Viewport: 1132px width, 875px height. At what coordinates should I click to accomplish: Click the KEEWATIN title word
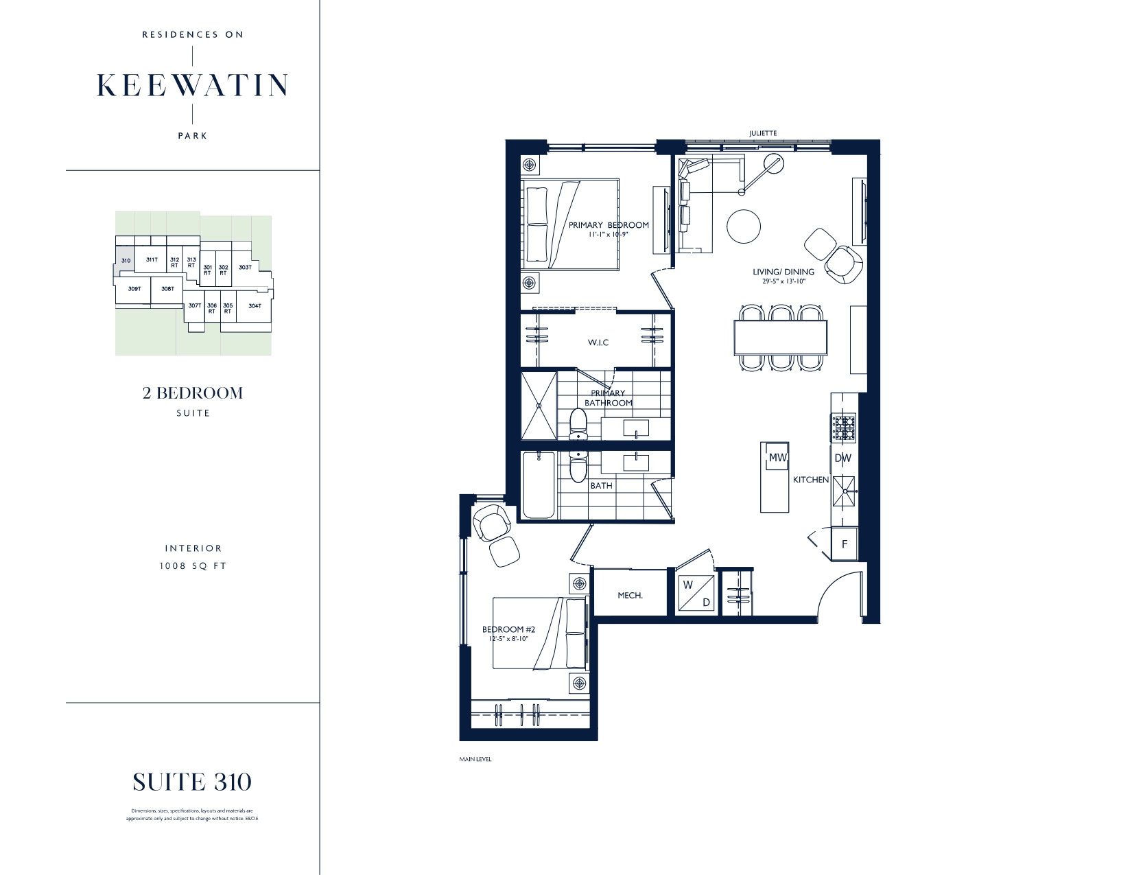pyautogui.click(x=192, y=84)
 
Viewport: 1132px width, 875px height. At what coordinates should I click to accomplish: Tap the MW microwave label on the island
pyautogui.click(x=777, y=458)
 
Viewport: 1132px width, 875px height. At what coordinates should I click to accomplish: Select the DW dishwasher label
pyautogui.click(x=843, y=458)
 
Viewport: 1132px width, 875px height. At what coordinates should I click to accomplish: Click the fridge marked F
pyautogui.click(x=845, y=544)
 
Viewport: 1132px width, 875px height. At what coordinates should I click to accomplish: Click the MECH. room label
pyautogui.click(x=630, y=596)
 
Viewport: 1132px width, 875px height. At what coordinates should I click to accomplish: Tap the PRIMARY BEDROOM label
pyautogui.click(x=609, y=225)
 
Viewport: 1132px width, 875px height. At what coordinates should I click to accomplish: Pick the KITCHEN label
pyautogui.click(x=811, y=480)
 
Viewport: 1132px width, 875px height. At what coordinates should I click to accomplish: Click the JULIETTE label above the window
pyautogui.click(x=763, y=133)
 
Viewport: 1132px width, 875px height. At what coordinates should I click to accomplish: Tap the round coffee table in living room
pyautogui.click(x=743, y=225)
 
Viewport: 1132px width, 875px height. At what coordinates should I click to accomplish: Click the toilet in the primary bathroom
pyautogui.click(x=578, y=423)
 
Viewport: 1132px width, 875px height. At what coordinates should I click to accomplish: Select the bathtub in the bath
pyautogui.click(x=539, y=485)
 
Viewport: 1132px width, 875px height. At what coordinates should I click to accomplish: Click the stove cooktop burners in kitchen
pyautogui.click(x=844, y=428)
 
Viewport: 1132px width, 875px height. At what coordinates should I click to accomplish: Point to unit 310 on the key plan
pyautogui.click(x=125, y=261)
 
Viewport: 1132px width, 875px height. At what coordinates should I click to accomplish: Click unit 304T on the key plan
pyautogui.click(x=255, y=306)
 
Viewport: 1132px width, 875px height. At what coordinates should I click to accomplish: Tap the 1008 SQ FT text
pyautogui.click(x=193, y=566)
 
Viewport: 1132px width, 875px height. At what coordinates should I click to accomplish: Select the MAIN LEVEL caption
pyautogui.click(x=475, y=760)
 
